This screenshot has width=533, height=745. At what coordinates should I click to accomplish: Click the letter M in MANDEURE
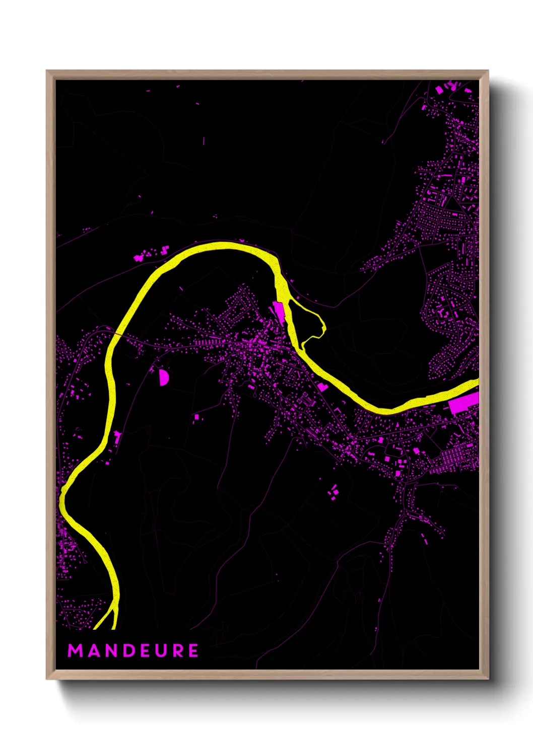[75, 650]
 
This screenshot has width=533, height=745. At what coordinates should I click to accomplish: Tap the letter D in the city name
[128, 650]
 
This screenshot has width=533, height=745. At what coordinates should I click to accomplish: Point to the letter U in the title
[161, 650]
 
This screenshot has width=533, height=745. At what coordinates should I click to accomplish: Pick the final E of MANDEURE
[193, 650]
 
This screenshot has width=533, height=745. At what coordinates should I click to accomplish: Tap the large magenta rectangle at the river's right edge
[463, 403]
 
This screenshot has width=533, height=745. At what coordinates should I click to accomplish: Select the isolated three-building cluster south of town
[334, 491]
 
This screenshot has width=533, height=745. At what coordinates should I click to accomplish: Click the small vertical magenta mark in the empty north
[204, 141]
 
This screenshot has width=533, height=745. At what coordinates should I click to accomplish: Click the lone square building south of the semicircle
[197, 416]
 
